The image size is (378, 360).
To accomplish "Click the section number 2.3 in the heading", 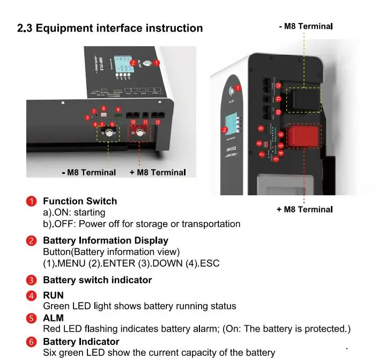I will tap(25, 28).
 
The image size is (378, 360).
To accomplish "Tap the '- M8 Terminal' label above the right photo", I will tap(306, 26).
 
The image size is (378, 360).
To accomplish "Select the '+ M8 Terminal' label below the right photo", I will tap(305, 209).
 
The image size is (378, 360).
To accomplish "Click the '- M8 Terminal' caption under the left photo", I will tap(88, 172).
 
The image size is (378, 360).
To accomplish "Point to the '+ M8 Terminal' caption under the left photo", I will tap(158, 172).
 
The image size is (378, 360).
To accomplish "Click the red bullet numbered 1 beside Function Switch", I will tap(32, 201).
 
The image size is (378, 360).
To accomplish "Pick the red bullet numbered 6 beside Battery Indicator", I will tap(32, 342).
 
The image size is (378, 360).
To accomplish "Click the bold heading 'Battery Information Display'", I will tap(105, 240).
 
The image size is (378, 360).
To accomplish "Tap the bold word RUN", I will tap(53, 295).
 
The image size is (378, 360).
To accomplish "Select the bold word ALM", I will tap(53, 318).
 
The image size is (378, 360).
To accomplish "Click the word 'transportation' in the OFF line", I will tap(211, 224).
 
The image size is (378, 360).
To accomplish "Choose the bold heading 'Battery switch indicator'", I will tap(97, 280).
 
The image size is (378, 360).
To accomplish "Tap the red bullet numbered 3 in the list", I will tap(32, 280).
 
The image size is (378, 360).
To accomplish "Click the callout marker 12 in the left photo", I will tap(157, 122).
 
